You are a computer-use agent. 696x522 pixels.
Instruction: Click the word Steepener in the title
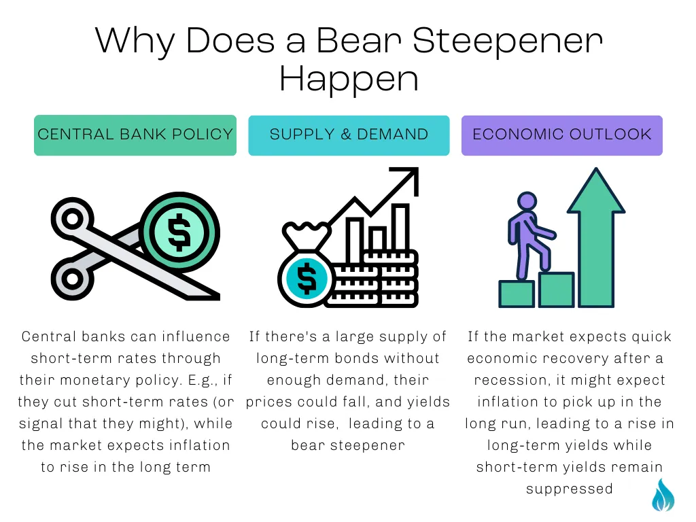click(x=507, y=41)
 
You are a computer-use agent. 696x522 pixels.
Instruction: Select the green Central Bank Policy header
click(x=135, y=135)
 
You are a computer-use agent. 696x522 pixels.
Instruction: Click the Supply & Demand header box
click(x=349, y=135)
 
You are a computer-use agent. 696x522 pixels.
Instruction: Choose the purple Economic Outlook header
click(x=562, y=135)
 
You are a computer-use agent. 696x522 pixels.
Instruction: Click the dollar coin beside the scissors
click(x=179, y=232)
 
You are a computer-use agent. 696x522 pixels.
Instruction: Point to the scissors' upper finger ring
click(x=72, y=219)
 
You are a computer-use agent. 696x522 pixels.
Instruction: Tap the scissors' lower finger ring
click(x=72, y=279)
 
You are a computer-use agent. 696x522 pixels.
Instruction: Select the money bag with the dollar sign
click(x=307, y=266)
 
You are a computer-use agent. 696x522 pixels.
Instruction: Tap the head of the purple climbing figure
click(x=527, y=201)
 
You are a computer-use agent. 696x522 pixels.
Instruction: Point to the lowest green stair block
click(x=517, y=294)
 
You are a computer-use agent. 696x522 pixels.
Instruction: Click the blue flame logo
click(x=663, y=495)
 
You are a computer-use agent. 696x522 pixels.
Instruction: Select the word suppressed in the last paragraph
click(x=570, y=489)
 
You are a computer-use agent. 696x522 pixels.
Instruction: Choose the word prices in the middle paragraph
click(x=269, y=402)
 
